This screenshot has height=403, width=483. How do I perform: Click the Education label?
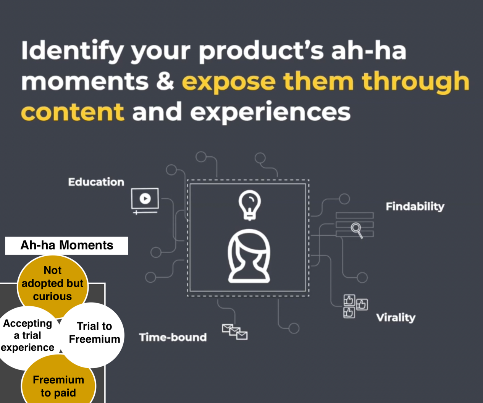tap(96, 182)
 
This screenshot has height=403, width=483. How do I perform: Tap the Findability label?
tap(415, 207)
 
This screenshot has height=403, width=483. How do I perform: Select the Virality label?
tap(396, 317)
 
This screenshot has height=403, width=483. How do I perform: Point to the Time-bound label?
tap(173, 337)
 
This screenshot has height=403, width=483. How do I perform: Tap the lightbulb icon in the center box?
tap(249, 205)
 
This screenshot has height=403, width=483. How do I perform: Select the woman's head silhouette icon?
tap(249, 256)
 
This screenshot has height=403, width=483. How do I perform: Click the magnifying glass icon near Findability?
tap(357, 230)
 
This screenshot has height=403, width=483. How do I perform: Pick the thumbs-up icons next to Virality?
tap(355, 306)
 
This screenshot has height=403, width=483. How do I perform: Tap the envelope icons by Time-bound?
tap(234, 332)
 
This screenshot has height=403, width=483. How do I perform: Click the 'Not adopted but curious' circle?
tap(52, 283)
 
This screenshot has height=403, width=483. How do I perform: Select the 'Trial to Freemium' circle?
tap(94, 333)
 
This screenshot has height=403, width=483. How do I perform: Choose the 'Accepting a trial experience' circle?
tap(27, 335)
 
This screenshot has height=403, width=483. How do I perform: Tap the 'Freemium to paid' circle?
tap(58, 386)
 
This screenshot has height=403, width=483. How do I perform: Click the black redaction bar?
tap(66, 246)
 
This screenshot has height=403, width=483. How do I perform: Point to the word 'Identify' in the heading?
tap(72, 51)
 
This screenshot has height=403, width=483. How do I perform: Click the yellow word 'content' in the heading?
tap(73, 112)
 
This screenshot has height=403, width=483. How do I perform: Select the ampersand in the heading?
tap(165, 81)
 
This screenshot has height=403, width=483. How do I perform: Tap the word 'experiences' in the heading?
tap(270, 112)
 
